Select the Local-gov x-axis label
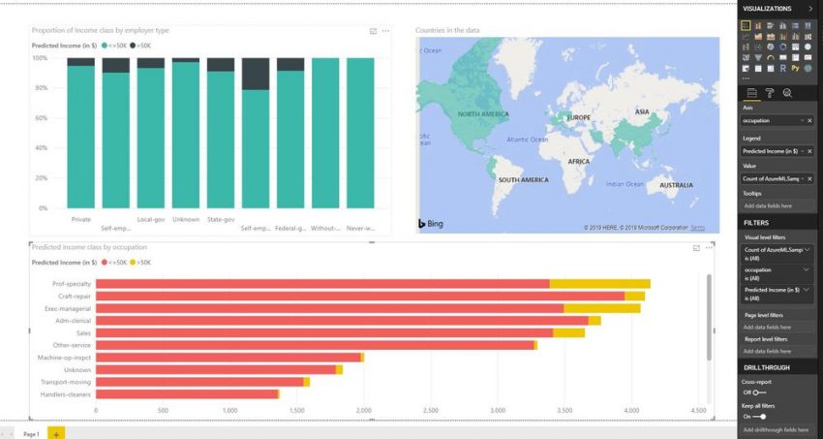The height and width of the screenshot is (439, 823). coord(150,219)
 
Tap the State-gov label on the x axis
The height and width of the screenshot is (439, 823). coord(221,219)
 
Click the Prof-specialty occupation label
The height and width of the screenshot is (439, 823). coord(72,284)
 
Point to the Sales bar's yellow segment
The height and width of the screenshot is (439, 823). coord(568,332)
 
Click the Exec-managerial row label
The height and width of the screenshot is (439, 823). coord(70,308)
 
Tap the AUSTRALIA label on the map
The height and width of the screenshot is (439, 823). coord(683,185)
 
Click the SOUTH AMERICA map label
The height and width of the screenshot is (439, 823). coord(522,180)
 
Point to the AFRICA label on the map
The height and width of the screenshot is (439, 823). coord(578,161)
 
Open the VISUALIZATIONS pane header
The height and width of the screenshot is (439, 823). coord(768,8)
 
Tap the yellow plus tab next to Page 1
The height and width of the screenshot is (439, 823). coord(56,433)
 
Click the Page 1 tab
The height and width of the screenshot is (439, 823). coord(31,433)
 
